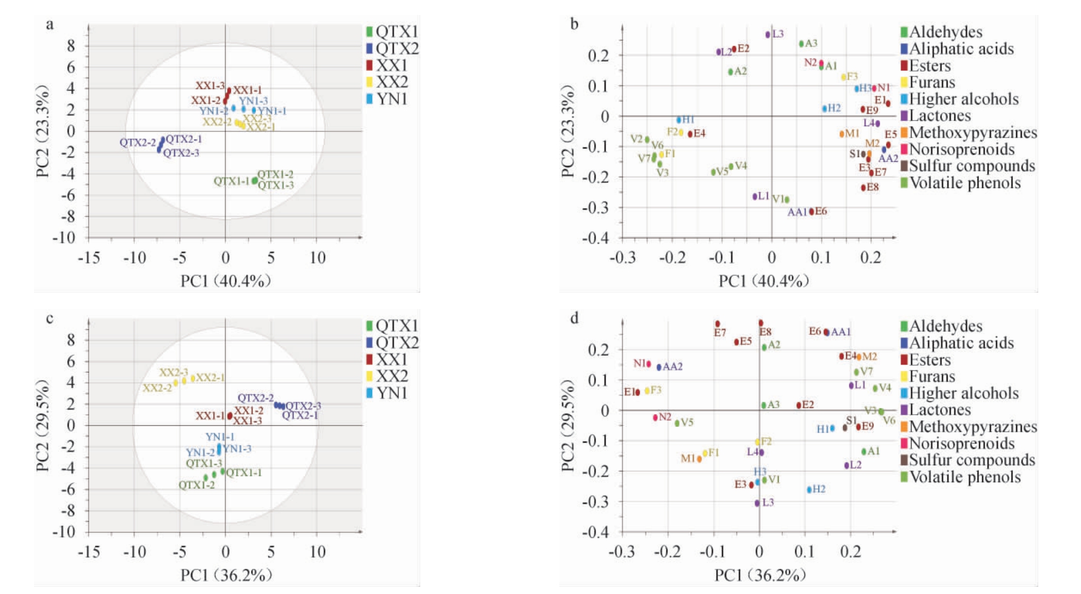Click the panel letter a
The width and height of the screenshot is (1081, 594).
tap(50, 24)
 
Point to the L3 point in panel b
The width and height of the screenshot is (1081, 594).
tap(768, 35)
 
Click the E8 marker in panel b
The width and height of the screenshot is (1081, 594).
tap(864, 188)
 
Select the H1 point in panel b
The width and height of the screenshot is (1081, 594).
tap(679, 120)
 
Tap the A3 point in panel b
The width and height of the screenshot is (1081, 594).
tap(801, 44)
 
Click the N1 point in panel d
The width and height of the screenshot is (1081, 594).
tap(649, 364)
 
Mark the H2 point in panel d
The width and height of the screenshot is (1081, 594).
tap(810, 489)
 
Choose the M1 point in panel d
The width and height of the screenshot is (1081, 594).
tap(699, 459)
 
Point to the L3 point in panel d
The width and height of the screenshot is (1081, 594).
tap(757, 503)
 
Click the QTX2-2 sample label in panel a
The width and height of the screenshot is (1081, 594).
tap(138, 142)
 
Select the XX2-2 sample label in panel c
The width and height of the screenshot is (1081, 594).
tap(157, 388)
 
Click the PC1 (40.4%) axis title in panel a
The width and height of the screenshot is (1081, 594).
tap(226, 281)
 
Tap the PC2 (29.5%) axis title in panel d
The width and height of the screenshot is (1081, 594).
tap(568, 426)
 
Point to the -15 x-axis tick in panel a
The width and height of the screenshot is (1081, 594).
tap(89, 257)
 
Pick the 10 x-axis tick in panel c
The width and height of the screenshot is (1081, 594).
tap(317, 552)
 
